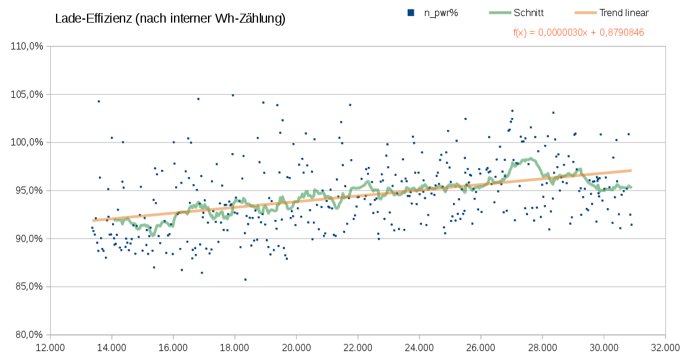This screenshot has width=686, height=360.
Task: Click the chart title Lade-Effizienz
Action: coord(170,19)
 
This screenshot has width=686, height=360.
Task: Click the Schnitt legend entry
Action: coord(528,13)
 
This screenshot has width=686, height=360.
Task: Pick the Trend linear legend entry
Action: coord(624,13)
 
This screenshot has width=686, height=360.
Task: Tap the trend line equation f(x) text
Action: coord(578,33)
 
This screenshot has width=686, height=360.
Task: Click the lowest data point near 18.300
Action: coord(245,280)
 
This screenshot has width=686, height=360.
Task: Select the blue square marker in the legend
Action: coord(411,13)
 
